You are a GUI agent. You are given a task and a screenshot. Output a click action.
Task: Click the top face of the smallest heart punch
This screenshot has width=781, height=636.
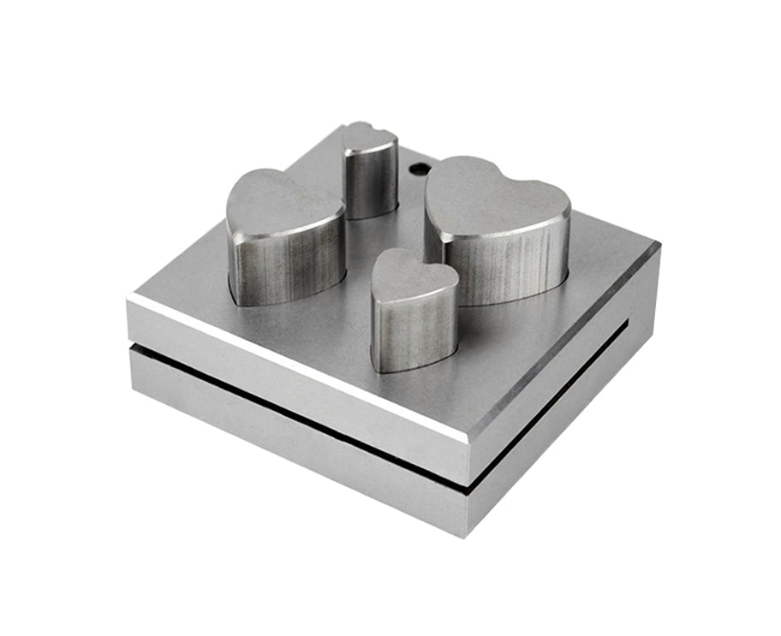click(370, 138)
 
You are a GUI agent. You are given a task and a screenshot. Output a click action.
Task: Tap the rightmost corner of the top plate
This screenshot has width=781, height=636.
click(658, 247)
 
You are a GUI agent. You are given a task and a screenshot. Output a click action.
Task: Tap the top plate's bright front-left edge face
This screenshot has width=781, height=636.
click(291, 368)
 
